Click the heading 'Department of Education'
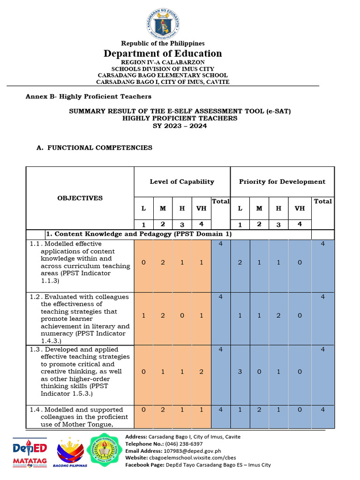pos(163,53)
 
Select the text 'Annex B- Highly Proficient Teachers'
pos(88,97)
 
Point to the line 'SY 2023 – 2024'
pos(180,126)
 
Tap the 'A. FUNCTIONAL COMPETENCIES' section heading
pos(94,148)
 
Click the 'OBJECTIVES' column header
pos(80,198)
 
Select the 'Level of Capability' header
pos(182,182)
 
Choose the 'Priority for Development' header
pos(282,182)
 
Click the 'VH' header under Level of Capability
pos(201,209)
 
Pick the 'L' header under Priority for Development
pos(240,209)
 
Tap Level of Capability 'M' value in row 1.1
pos(163,263)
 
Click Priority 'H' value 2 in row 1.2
pos(278,316)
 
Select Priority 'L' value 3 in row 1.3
pos(240,372)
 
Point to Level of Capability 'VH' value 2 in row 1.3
pos(201,372)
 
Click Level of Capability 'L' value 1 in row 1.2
pos(143,316)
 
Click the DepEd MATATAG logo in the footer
pos(30,454)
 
